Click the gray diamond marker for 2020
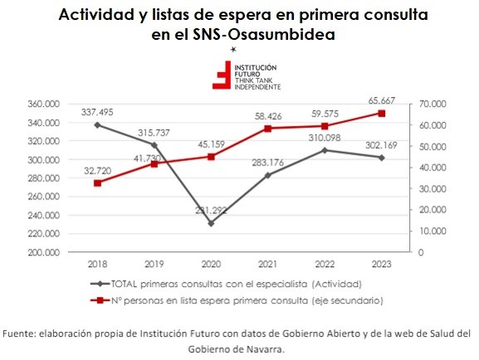pos(211,223)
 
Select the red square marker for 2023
pos(382,114)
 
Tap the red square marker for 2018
pos(97,183)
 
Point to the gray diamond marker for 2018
pos(97,125)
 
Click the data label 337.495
pos(97,112)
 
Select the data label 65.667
pos(382,100)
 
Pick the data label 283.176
pos(268,163)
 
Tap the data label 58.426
pos(268,116)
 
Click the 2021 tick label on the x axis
pos(268,264)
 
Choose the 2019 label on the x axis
pos(154,264)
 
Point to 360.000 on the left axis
pos(44,105)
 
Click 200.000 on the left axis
pos(44,252)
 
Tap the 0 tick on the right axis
pos(421,252)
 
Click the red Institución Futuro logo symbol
pos(222,75)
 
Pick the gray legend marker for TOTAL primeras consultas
pos(100,284)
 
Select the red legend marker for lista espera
pos(100,300)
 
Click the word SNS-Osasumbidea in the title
pos(264,35)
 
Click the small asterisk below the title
pos(233,49)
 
